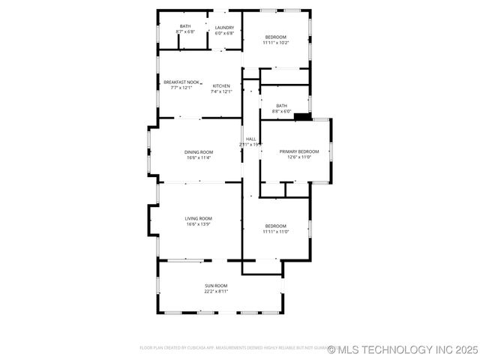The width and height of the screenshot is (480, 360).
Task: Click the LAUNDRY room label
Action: (224, 28)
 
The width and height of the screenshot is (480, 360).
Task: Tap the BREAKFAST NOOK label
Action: (181, 82)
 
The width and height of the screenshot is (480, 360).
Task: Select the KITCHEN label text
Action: (221, 86)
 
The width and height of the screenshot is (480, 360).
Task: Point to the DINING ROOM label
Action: (199, 152)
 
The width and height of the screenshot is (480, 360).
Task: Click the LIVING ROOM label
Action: (199, 218)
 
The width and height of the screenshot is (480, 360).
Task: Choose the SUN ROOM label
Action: (216, 286)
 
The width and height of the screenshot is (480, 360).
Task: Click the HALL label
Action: (250, 139)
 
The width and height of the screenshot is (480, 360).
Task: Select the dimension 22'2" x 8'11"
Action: (216, 291)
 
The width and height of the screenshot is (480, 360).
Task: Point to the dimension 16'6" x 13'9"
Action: (199, 223)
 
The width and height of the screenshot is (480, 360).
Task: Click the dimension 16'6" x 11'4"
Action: (199, 157)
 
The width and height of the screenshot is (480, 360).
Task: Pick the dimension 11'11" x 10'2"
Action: (276, 43)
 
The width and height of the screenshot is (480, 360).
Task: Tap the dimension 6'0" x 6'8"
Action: (224, 33)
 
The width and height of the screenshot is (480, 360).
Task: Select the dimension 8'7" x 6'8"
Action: (185, 31)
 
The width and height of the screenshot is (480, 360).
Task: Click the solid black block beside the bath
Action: (302, 116)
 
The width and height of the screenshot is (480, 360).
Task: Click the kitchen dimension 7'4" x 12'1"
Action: (221, 91)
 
